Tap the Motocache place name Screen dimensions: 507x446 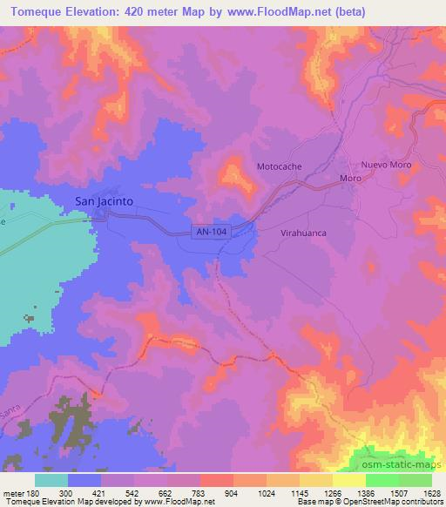280,166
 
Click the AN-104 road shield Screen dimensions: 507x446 211,229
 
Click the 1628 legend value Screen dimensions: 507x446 431,492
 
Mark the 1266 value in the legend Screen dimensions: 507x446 333,492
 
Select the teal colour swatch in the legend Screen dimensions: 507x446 51,480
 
